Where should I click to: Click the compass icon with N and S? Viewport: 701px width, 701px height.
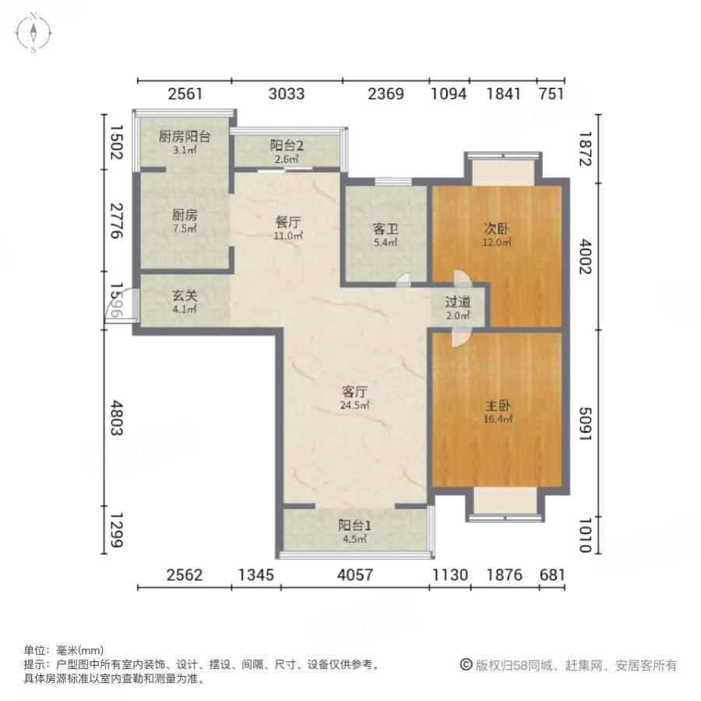coord(34,34)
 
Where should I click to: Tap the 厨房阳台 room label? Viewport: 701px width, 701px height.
coord(185,142)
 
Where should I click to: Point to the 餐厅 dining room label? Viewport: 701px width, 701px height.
coord(287,227)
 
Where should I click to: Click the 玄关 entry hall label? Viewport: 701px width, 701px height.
coord(185,302)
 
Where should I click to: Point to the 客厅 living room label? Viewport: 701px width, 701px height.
coord(355,397)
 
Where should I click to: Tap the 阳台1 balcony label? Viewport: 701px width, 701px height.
coord(354,530)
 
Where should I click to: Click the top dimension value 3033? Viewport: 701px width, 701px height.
coord(287,95)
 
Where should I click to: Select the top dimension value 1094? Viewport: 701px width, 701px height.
coord(449,95)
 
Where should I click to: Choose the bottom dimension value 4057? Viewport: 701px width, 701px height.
coord(354,576)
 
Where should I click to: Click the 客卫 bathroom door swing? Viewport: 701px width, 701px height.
coord(403,280)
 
